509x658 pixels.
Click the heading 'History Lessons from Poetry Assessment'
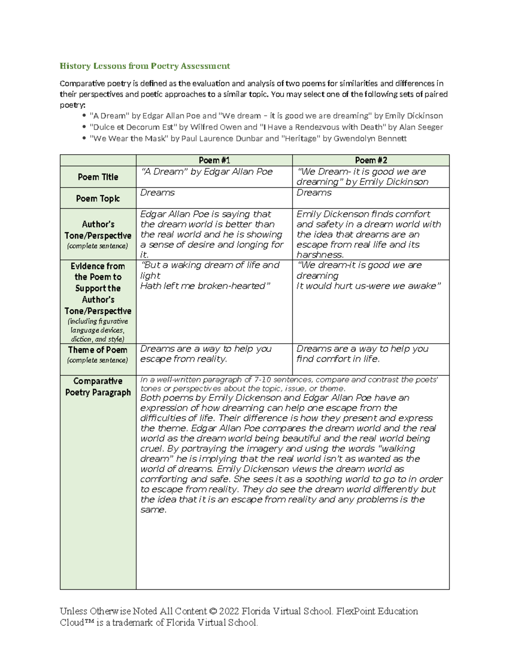pyautogui.click(x=145, y=66)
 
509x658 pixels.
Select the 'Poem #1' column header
pyautogui.click(x=214, y=160)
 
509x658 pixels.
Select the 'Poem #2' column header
pyautogui.click(x=370, y=160)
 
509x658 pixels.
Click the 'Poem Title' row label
pyautogui.click(x=98, y=177)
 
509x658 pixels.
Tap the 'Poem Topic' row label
pyautogui.click(x=98, y=198)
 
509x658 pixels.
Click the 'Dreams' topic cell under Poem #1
pyautogui.click(x=157, y=193)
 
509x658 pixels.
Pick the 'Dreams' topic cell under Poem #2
pyautogui.click(x=314, y=193)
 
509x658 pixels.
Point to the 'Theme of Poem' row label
pyautogui.click(x=98, y=350)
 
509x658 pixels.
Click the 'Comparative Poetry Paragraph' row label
pyautogui.click(x=98, y=387)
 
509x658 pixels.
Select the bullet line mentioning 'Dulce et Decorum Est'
pyautogui.click(x=266, y=127)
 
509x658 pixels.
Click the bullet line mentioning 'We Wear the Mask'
pyautogui.click(x=248, y=139)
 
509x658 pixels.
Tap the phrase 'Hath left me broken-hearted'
pyautogui.click(x=205, y=286)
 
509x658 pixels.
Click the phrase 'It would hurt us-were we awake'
pyautogui.click(x=369, y=286)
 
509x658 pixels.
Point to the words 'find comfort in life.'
pyautogui.click(x=338, y=359)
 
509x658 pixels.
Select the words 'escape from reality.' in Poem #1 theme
pyautogui.click(x=184, y=359)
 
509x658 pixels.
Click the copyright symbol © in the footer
pyautogui.click(x=213, y=611)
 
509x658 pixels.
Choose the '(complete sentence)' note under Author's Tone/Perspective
pyautogui.click(x=98, y=246)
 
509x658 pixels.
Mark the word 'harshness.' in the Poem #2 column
pyautogui.click(x=320, y=255)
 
